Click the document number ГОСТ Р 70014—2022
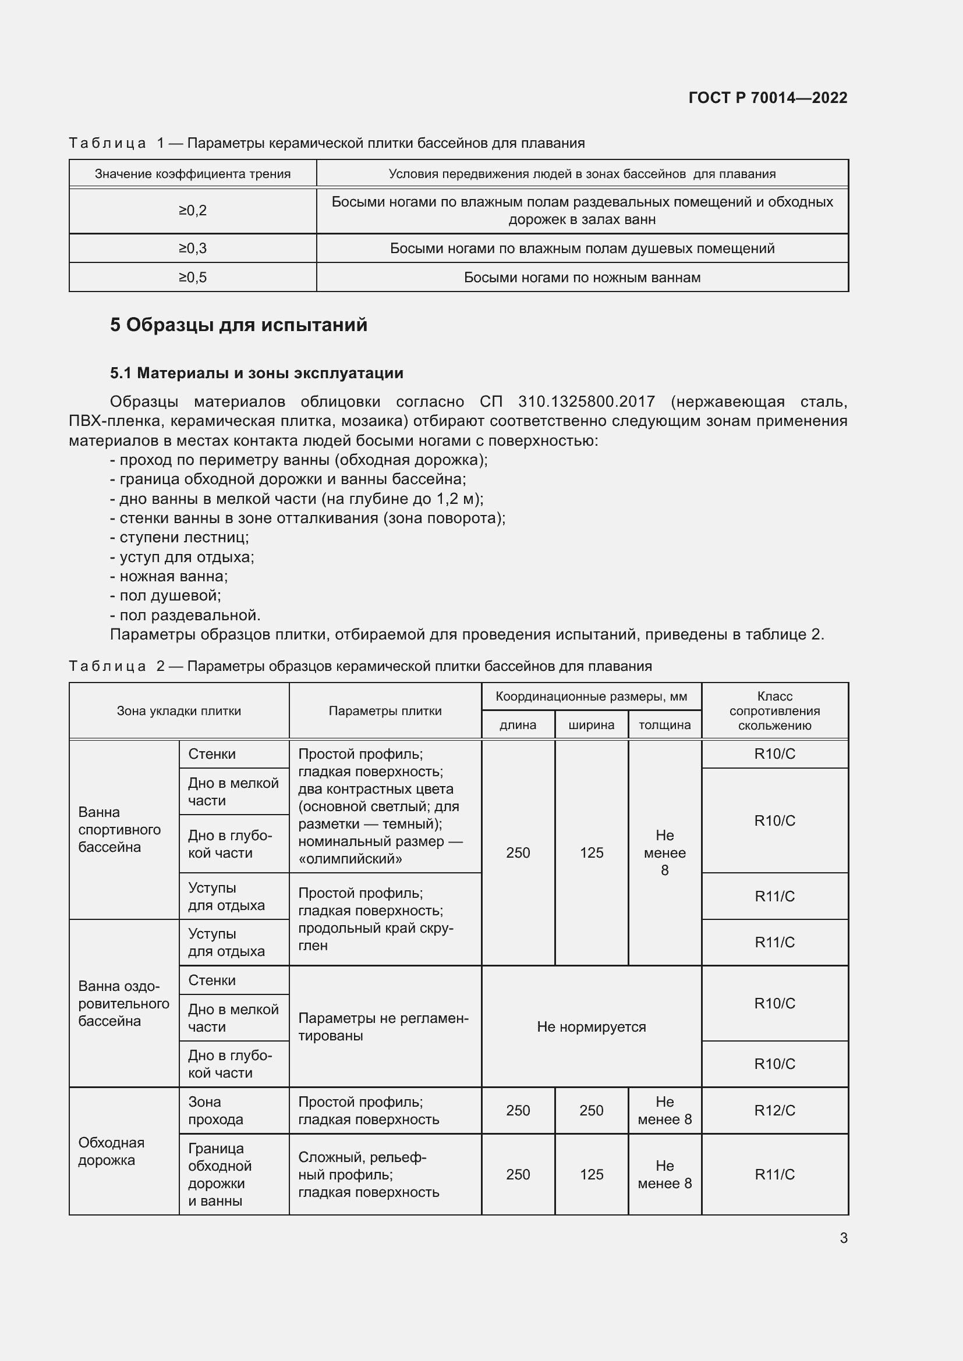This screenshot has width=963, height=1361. coord(767,98)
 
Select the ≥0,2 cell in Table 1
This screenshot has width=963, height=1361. coord(193,211)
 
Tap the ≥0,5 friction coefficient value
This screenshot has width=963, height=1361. coord(193,278)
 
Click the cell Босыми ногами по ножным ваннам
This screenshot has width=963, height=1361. coord(582,278)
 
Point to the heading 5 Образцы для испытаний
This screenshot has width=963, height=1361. coord(238,325)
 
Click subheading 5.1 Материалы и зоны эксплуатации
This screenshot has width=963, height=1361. coord(256,373)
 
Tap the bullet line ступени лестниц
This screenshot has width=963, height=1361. coord(184,537)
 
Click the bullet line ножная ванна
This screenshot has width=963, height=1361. coord(173,576)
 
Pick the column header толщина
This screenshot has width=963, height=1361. coord(664,724)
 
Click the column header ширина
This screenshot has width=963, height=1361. coord(591,724)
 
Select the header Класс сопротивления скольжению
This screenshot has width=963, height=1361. coord(774,710)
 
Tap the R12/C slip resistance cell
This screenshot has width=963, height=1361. coord(774,1110)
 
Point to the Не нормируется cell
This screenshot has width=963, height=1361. coord(591,1026)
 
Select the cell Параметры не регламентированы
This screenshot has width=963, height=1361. coord(383,1026)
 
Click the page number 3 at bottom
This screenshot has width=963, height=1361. coord(843,1238)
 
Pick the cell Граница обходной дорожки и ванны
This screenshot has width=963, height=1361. coord(219,1174)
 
